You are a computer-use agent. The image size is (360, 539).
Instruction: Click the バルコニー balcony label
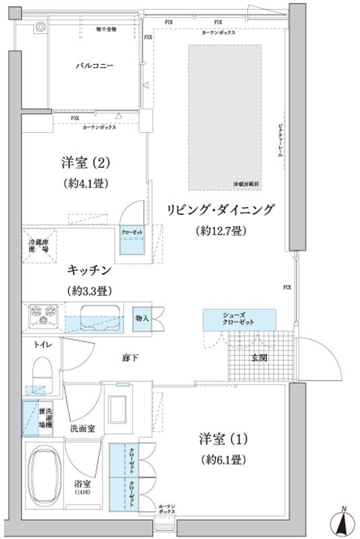93,66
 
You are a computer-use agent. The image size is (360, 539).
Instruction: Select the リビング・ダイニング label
222,210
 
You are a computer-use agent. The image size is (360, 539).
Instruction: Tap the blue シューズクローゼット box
239,319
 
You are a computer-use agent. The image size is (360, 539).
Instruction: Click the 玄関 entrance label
260,357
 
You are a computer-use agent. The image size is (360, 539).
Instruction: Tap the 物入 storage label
142,317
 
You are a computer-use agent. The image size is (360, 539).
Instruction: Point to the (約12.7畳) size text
222,231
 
